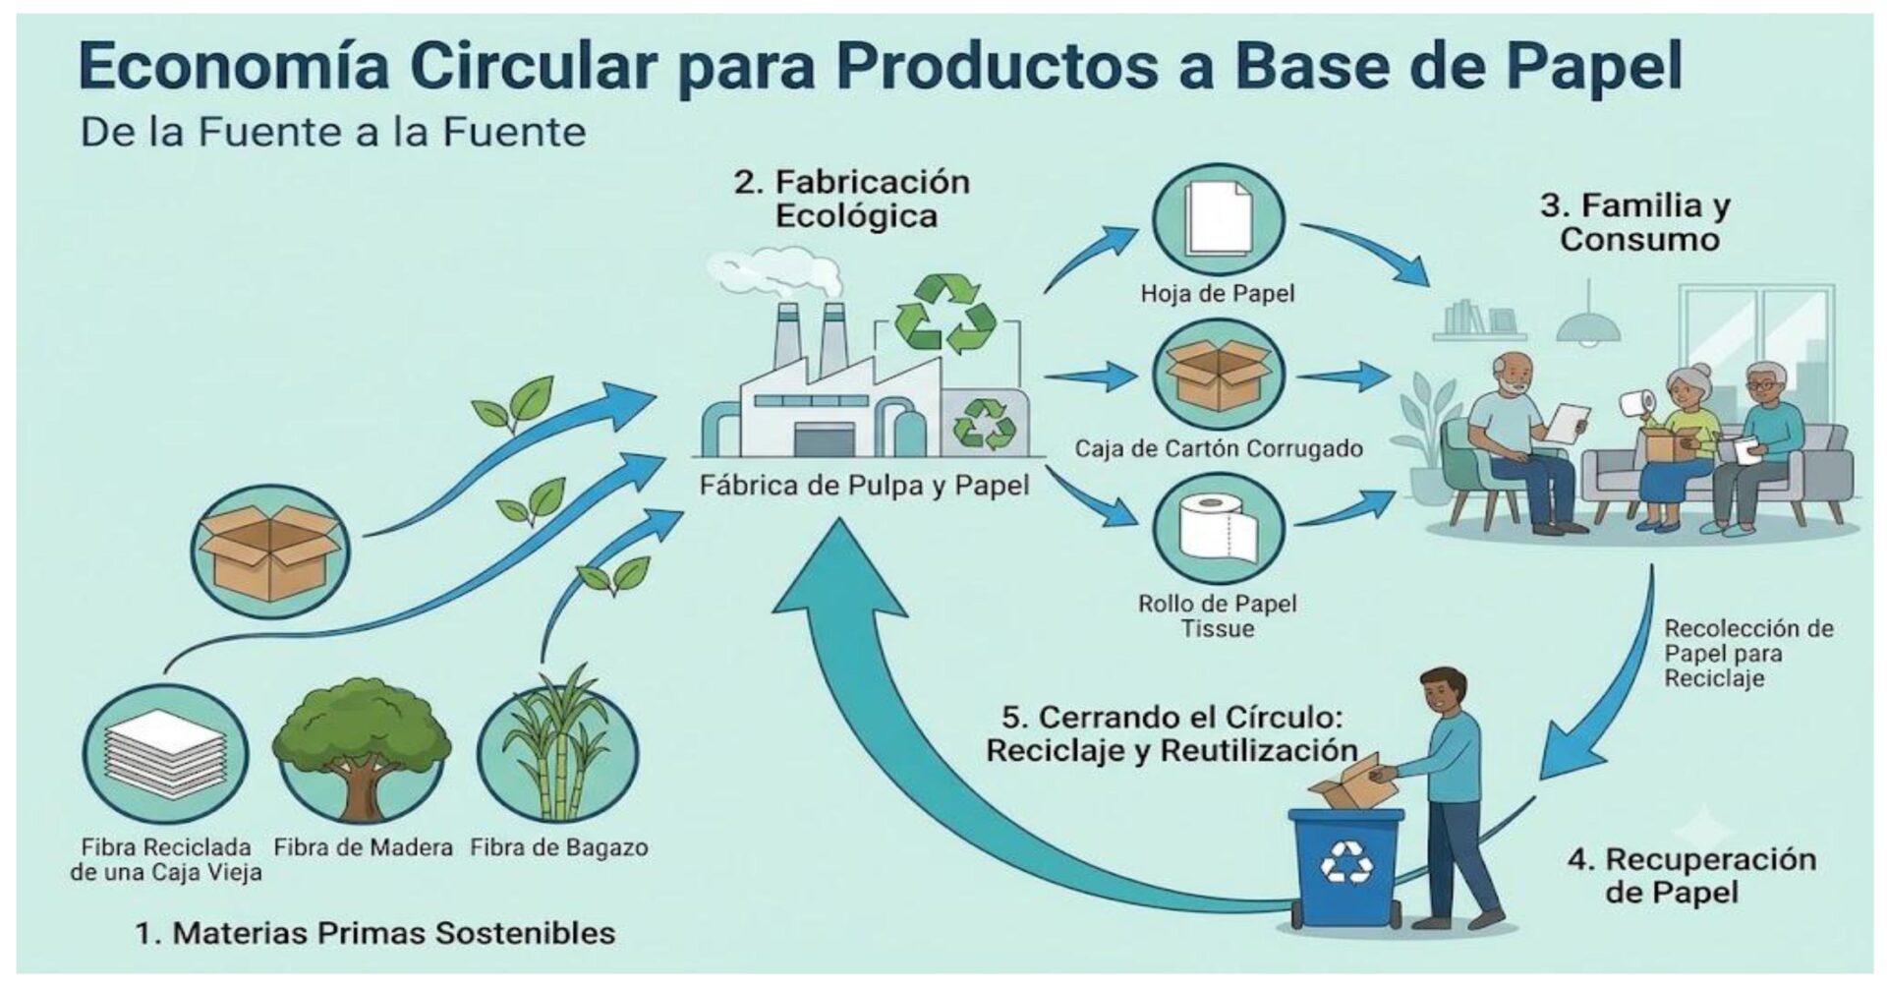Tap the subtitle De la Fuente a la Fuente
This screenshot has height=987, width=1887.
333,132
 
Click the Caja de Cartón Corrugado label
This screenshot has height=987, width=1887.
1219,449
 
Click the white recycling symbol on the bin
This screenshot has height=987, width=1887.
1346,862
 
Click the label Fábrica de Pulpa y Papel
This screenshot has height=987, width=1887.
865,486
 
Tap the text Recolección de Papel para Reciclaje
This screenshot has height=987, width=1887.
1748,654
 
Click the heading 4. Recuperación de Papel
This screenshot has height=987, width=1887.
1691,875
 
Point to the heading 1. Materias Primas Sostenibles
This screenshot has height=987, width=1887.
374,933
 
